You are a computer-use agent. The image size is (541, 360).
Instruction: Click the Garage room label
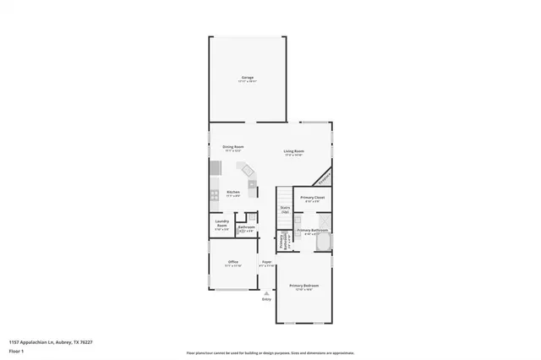[x=248, y=79]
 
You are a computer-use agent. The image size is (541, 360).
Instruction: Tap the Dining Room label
[x=233, y=147]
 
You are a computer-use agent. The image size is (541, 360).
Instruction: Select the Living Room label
[x=294, y=152]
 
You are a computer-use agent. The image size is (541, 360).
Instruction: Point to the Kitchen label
[x=233, y=193]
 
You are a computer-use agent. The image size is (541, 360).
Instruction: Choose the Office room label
[x=233, y=263]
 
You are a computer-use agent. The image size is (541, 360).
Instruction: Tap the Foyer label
[x=266, y=263]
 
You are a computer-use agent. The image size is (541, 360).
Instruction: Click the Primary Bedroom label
[x=304, y=286]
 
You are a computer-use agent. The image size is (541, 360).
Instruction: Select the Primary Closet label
[x=312, y=199]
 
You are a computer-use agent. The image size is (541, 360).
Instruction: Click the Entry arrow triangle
[x=267, y=292]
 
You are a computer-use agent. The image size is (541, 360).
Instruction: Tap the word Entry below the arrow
[x=267, y=299]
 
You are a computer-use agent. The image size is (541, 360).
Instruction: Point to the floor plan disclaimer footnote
[x=270, y=352]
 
